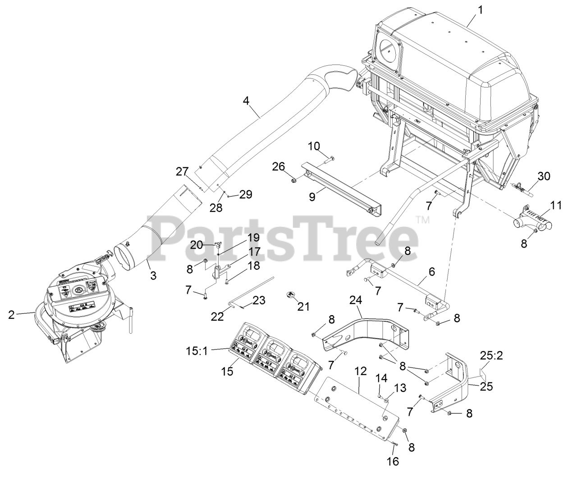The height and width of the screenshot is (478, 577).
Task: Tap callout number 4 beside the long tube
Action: (246, 101)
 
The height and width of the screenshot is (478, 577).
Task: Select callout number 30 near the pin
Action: (544, 176)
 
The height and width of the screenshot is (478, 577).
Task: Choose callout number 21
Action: (303, 307)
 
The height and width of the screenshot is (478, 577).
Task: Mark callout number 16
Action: (393, 461)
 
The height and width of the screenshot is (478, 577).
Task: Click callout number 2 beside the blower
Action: (11, 314)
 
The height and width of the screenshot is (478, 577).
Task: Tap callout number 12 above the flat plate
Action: (359, 372)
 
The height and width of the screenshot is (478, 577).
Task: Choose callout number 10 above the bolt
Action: (315, 147)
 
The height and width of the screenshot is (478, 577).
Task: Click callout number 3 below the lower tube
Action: (153, 275)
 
